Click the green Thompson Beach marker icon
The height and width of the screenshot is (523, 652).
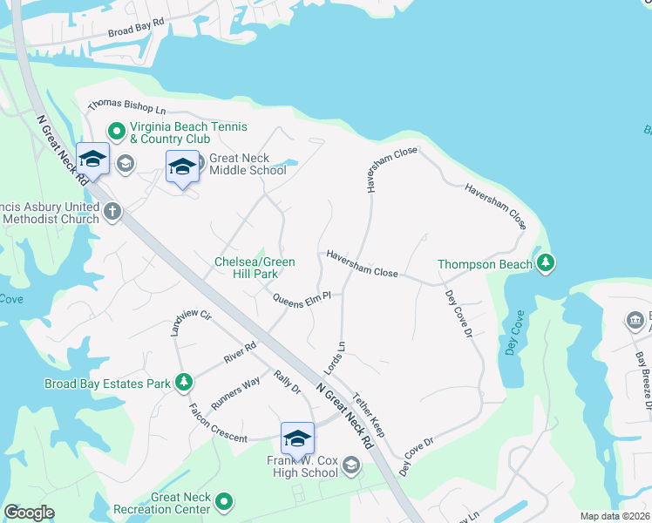click(546, 263)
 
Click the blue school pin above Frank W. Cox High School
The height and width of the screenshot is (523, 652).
click(297, 438)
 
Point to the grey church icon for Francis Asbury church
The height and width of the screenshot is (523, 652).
click(112, 211)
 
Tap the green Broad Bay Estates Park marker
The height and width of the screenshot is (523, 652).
click(183, 382)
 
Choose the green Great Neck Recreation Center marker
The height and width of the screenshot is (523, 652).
click(224, 501)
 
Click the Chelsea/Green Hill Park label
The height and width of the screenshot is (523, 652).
click(255, 268)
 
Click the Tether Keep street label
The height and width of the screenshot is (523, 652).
click(369, 415)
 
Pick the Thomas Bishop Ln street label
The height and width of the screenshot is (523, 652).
click(126, 108)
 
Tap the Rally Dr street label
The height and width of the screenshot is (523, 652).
click(287, 382)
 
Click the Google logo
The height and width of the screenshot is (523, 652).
click(29, 513)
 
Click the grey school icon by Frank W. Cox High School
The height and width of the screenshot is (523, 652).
click(350, 466)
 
